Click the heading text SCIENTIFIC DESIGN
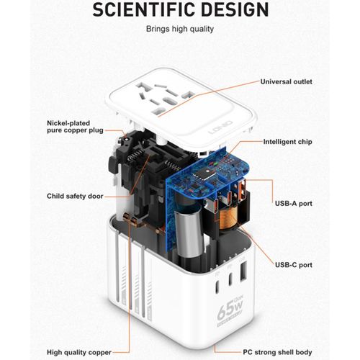179,10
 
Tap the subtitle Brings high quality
179,29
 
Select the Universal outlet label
286,81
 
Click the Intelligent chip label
287,142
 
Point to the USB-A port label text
293,204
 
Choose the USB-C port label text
293,265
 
